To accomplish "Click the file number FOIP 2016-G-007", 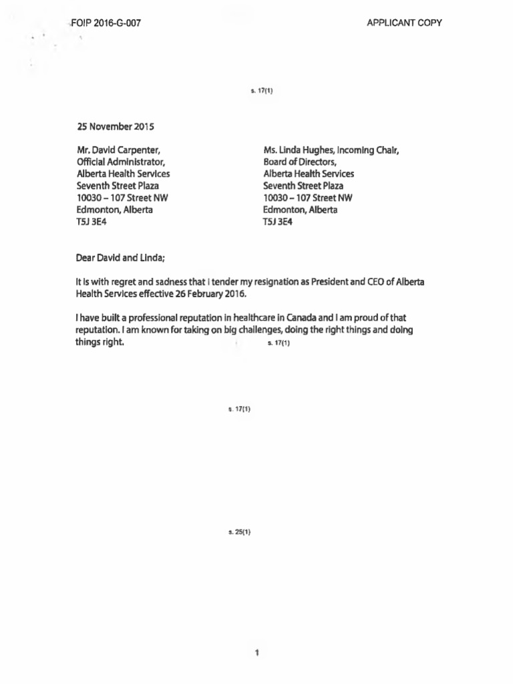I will click(x=105, y=23).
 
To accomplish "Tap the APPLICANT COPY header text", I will click(x=404, y=23).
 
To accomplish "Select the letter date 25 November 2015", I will click(x=115, y=126).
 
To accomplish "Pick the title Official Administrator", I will click(x=120, y=162).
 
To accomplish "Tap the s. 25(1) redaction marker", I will click(x=238, y=532).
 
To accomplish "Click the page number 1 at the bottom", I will click(x=256, y=653).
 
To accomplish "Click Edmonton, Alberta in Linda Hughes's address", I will click(x=300, y=210).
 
